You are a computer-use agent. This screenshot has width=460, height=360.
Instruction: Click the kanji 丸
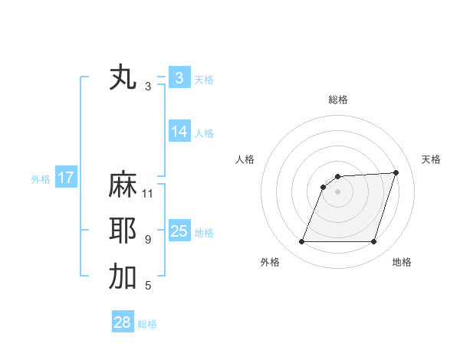point(123,78)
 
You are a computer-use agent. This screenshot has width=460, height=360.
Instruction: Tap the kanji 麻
point(123,185)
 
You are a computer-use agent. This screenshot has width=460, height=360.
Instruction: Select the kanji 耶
point(123,231)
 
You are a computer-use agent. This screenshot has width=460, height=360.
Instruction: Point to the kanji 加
point(123,277)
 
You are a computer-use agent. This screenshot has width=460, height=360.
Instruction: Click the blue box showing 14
point(179,132)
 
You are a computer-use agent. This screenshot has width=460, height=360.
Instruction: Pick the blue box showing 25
point(179,231)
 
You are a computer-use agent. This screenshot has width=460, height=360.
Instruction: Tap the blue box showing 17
point(66,178)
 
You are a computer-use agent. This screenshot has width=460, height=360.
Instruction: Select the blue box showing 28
point(122,322)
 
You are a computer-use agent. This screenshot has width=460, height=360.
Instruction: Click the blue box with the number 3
point(179,78)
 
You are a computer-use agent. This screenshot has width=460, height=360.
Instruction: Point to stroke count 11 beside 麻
point(149,193)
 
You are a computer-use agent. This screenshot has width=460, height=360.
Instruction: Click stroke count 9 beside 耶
point(148,240)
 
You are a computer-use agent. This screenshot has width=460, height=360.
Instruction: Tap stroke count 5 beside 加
point(148,286)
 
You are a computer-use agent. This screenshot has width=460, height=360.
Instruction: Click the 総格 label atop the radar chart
point(338,100)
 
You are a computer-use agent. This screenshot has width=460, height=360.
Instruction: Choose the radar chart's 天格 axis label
point(431,159)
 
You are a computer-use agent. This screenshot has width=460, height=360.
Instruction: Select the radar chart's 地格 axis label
point(402,262)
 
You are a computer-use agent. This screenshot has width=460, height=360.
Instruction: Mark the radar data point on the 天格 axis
point(396,172)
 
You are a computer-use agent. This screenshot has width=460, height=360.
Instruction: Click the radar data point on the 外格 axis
point(301,242)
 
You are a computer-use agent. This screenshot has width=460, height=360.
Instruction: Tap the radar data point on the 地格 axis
point(374,242)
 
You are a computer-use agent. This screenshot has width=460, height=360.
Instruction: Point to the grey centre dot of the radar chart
point(337,191)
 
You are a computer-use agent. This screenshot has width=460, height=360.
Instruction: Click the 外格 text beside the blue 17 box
point(41,179)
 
